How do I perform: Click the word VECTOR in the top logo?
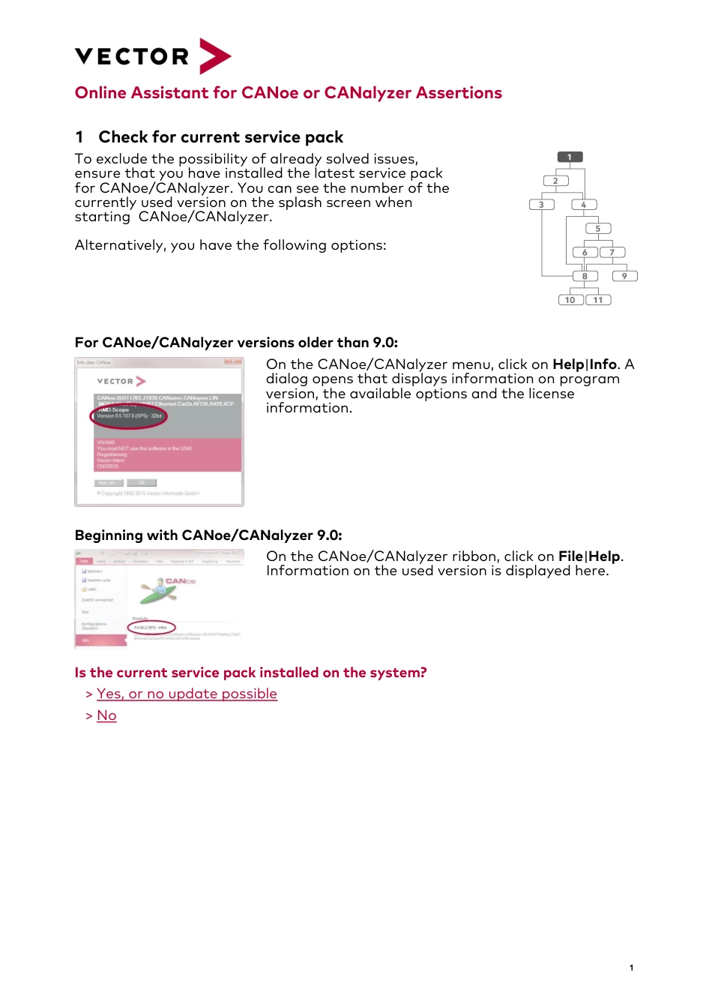click(x=132, y=57)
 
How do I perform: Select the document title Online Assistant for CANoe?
click(x=288, y=93)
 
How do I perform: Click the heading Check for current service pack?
click(x=220, y=137)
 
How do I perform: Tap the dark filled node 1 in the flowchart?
click(x=570, y=157)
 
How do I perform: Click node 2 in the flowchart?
click(x=555, y=181)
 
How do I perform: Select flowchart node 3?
click(x=541, y=205)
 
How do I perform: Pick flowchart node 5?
click(x=597, y=229)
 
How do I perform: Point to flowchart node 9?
click(x=624, y=276)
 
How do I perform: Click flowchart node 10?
click(x=570, y=300)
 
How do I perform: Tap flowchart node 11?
click(x=598, y=300)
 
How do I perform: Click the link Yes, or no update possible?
click(x=187, y=694)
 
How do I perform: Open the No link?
click(x=106, y=715)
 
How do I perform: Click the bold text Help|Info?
click(x=584, y=364)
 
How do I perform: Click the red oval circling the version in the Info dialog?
click(x=129, y=416)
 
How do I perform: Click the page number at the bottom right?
click(x=631, y=967)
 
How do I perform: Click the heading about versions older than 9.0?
click(x=236, y=343)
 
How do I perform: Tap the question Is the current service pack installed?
click(x=250, y=673)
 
